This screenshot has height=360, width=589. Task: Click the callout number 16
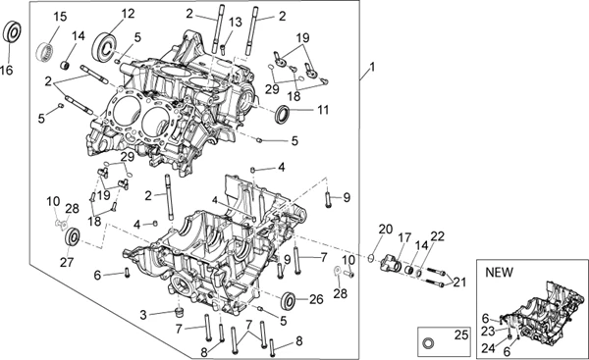point(7,70)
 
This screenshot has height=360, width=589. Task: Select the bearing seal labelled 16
point(12,32)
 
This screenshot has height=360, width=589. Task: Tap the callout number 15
point(60,17)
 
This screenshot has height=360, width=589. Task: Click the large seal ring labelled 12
point(103,47)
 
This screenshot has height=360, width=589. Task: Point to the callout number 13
point(236,23)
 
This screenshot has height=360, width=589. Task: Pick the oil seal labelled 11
point(283,114)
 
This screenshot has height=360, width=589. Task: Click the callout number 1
point(372,68)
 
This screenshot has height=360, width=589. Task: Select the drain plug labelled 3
point(180,312)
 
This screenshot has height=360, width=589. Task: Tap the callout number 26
point(316,299)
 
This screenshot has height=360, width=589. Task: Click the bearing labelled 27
point(72,237)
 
